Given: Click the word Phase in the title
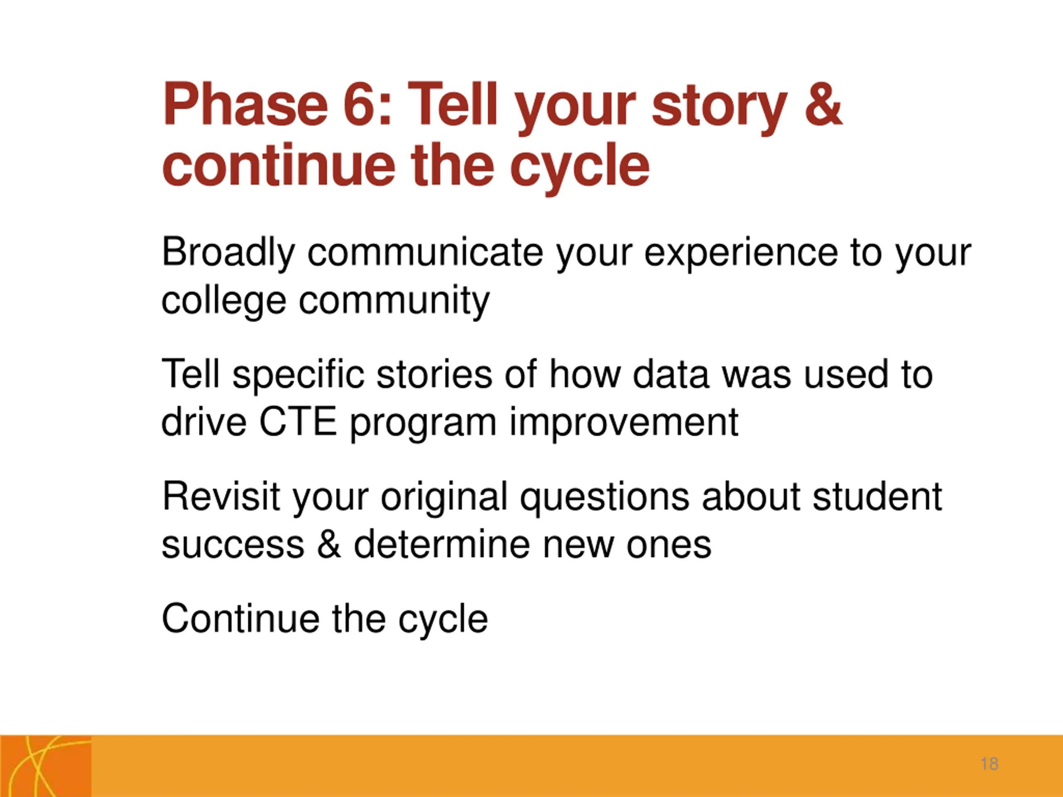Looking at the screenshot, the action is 245,104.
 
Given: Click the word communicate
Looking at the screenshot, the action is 425,253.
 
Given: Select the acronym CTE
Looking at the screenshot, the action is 298,422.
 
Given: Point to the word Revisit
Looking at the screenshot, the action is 221,496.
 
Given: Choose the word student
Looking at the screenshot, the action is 877,496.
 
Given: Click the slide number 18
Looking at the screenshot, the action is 990,764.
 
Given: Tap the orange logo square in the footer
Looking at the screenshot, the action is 46,766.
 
